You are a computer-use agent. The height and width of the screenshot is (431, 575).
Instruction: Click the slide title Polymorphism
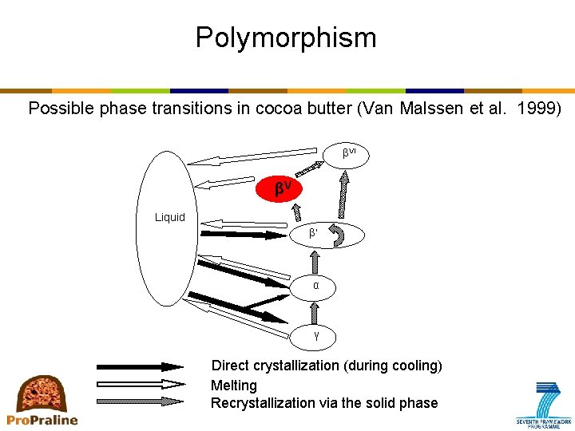tap(286, 38)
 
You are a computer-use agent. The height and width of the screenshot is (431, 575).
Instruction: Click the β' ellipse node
tap(327, 235)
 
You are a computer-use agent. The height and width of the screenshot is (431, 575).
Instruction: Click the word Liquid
tap(169, 217)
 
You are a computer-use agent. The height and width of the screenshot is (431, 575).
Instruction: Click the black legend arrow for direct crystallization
tap(140, 367)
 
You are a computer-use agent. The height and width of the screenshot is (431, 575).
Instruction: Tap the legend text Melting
tap(234, 386)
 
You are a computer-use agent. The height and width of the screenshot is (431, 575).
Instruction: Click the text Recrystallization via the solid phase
tap(324, 403)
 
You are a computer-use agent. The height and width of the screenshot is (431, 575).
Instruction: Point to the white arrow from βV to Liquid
tap(226, 184)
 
